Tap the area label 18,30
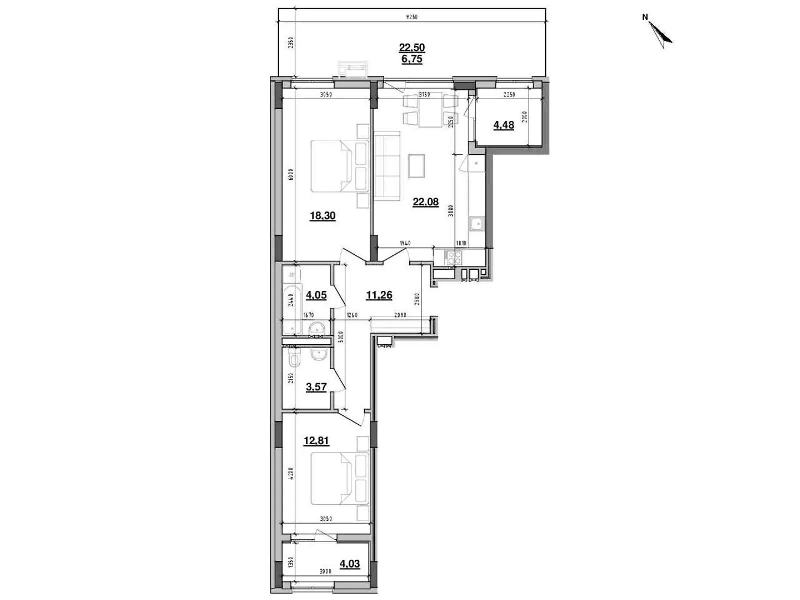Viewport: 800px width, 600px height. pyautogui.click(x=322, y=216)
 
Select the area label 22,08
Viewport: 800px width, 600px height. pyautogui.click(x=425, y=202)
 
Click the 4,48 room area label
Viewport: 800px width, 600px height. pyautogui.click(x=504, y=125)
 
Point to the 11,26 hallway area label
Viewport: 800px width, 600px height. pyautogui.click(x=379, y=295)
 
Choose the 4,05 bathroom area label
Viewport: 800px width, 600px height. pyautogui.click(x=316, y=295)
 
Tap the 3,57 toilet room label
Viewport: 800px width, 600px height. pyautogui.click(x=316, y=387)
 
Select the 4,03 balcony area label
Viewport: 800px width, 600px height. pyautogui.click(x=350, y=564)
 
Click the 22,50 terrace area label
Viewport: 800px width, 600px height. pyautogui.click(x=412, y=48)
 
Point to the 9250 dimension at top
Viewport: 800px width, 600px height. pyautogui.click(x=411, y=18)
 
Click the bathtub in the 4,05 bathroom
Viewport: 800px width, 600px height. pyautogui.click(x=292, y=310)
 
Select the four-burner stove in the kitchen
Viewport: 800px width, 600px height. pyautogui.click(x=454, y=258)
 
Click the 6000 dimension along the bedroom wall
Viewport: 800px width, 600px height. pyautogui.click(x=290, y=174)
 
